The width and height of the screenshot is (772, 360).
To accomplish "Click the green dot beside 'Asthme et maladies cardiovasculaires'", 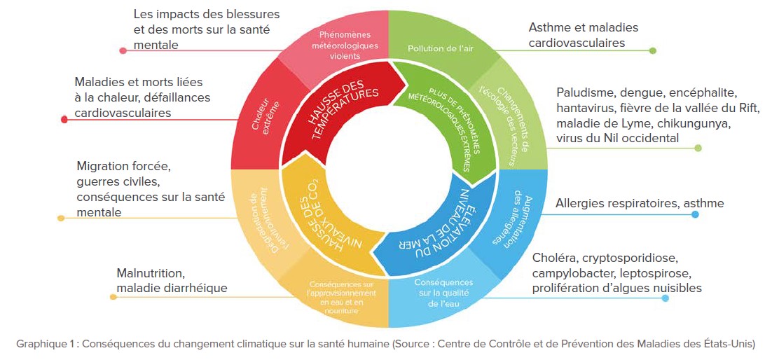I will coord(653,50).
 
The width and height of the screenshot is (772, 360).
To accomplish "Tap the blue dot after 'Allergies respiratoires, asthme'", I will coord(695,214).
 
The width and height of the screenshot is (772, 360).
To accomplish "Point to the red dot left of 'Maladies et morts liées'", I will coord(64,120).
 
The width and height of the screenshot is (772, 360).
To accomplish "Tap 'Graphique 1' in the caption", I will coord(43,344).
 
